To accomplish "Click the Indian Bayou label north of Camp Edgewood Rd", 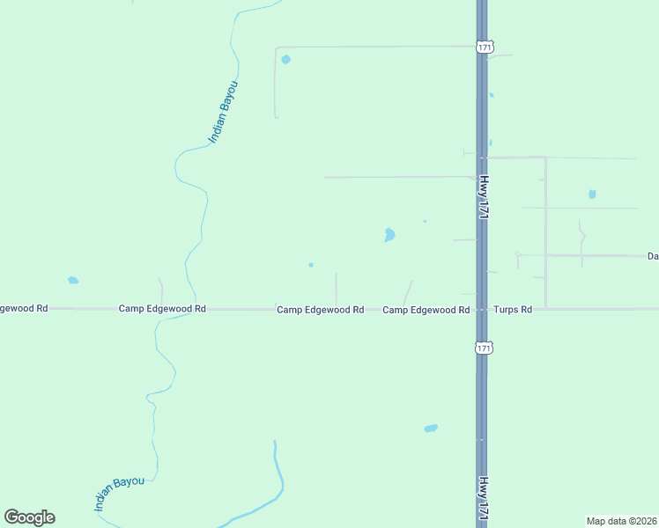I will click(223, 112).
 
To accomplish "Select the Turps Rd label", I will click(513, 310).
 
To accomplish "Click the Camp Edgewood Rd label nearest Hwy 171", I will click(426, 310).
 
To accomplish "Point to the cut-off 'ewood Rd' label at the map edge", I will click(24, 309).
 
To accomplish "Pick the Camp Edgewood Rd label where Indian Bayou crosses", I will click(162, 309).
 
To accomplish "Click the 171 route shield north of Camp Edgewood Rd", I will click(483, 47).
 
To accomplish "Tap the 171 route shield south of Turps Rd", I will click(483, 348).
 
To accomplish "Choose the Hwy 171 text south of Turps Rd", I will click(483, 497).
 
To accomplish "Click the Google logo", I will click(29, 517).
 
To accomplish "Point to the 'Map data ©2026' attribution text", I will click(622, 521).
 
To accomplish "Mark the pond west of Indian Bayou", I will click(73, 281).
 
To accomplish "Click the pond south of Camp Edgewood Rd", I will click(431, 429).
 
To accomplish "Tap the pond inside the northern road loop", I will click(285, 60).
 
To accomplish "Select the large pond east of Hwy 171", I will click(592, 194).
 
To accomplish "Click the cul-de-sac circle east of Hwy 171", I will click(517, 254).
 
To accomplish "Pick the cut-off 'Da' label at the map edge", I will click(653, 256).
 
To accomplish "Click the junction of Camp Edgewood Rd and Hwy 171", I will click(482, 309).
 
